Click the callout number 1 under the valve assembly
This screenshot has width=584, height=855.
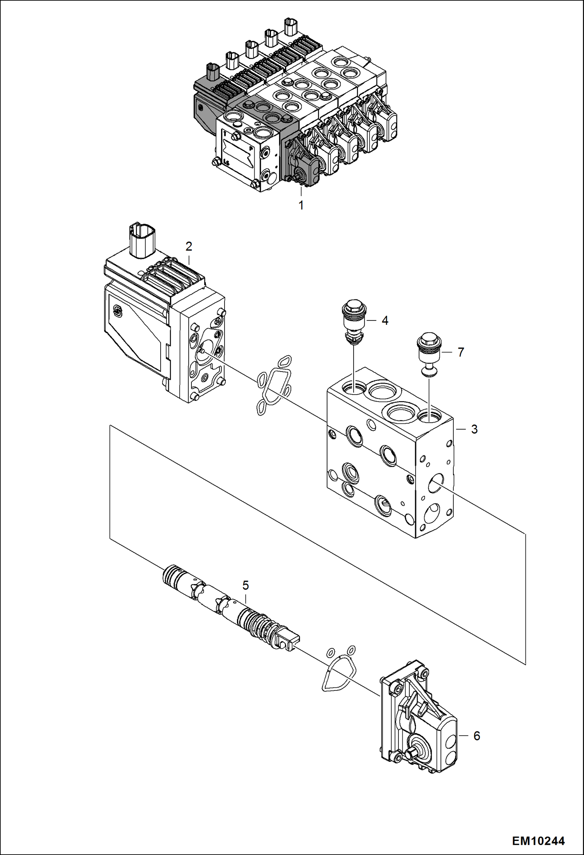point(301,205)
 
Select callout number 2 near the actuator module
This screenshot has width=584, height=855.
point(189,246)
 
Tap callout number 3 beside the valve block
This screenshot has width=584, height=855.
point(474,429)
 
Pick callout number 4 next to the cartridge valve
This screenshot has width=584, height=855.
point(385,320)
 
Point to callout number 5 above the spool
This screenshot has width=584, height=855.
point(245,585)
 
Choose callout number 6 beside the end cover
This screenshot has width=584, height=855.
point(476,736)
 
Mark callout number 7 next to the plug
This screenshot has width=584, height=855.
point(461,352)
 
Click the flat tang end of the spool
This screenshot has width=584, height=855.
point(288,641)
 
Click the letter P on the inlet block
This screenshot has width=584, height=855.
point(251,149)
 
